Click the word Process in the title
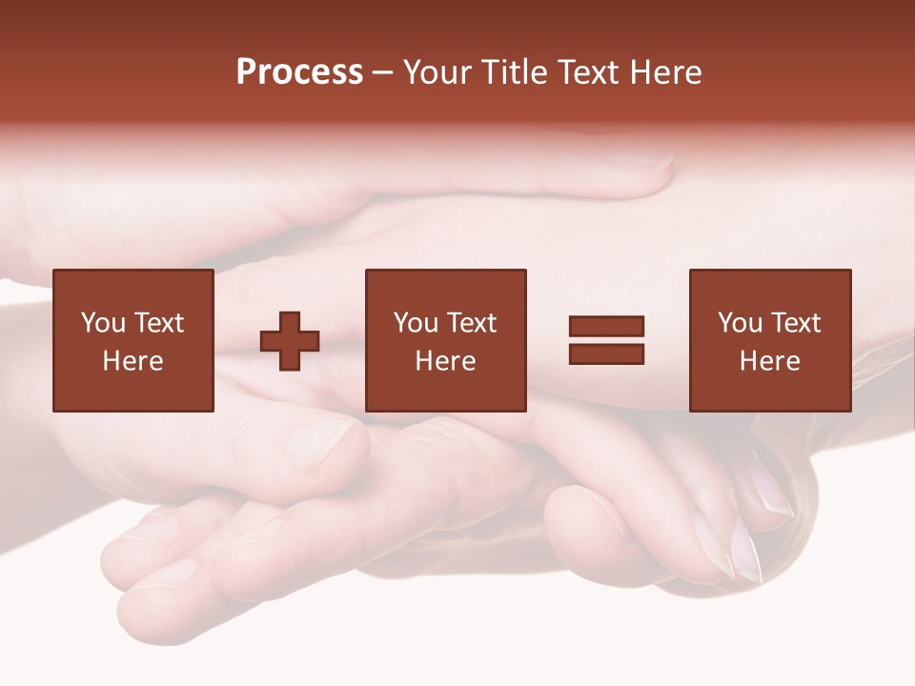click(299, 72)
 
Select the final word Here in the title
click(663, 72)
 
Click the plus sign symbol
click(290, 341)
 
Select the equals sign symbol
click(606, 340)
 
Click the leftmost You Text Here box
click(133, 340)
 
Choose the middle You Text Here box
click(445, 340)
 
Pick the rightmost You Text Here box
click(770, 340)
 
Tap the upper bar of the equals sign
click(606, 327)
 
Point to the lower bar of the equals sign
click(606, 353)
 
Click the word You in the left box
click(103, 323)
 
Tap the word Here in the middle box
click(445, 361)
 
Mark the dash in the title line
click(382, 72)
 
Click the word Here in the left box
click(133, 361)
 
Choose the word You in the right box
click(741, 323)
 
